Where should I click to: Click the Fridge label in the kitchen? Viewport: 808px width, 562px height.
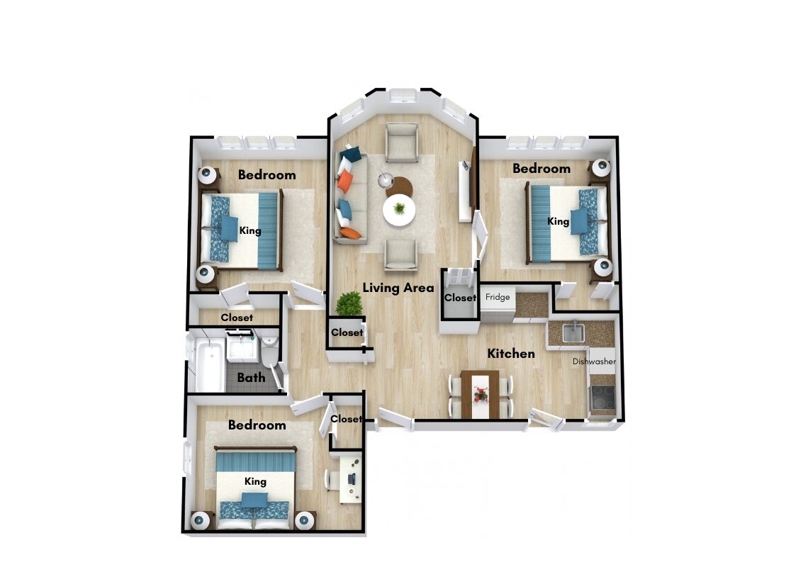(498, 297)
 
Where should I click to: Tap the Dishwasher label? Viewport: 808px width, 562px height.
(594, 361)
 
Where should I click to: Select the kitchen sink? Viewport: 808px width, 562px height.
(573, 332)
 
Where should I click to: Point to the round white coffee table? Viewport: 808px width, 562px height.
(399, 210)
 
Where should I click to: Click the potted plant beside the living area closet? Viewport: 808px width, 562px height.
(349, 304)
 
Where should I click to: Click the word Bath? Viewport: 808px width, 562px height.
(251, 378)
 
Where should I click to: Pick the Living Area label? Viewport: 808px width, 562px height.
(398, 288)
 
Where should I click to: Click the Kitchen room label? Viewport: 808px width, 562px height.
(511, 354)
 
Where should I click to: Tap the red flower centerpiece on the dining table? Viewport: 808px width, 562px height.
(481, 395)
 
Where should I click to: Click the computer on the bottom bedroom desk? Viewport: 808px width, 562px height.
(352, 479)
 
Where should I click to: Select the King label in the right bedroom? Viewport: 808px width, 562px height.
(558, 222)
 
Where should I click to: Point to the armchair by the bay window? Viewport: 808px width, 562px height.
(401, 142)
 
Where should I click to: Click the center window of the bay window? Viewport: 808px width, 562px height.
(403, 96)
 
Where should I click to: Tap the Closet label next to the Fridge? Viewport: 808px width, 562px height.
(460, 298)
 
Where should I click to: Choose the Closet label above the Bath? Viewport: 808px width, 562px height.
(237, 317)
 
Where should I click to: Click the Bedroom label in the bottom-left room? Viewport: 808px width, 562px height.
(257, 425)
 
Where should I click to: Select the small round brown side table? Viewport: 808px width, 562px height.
(399, 187)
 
